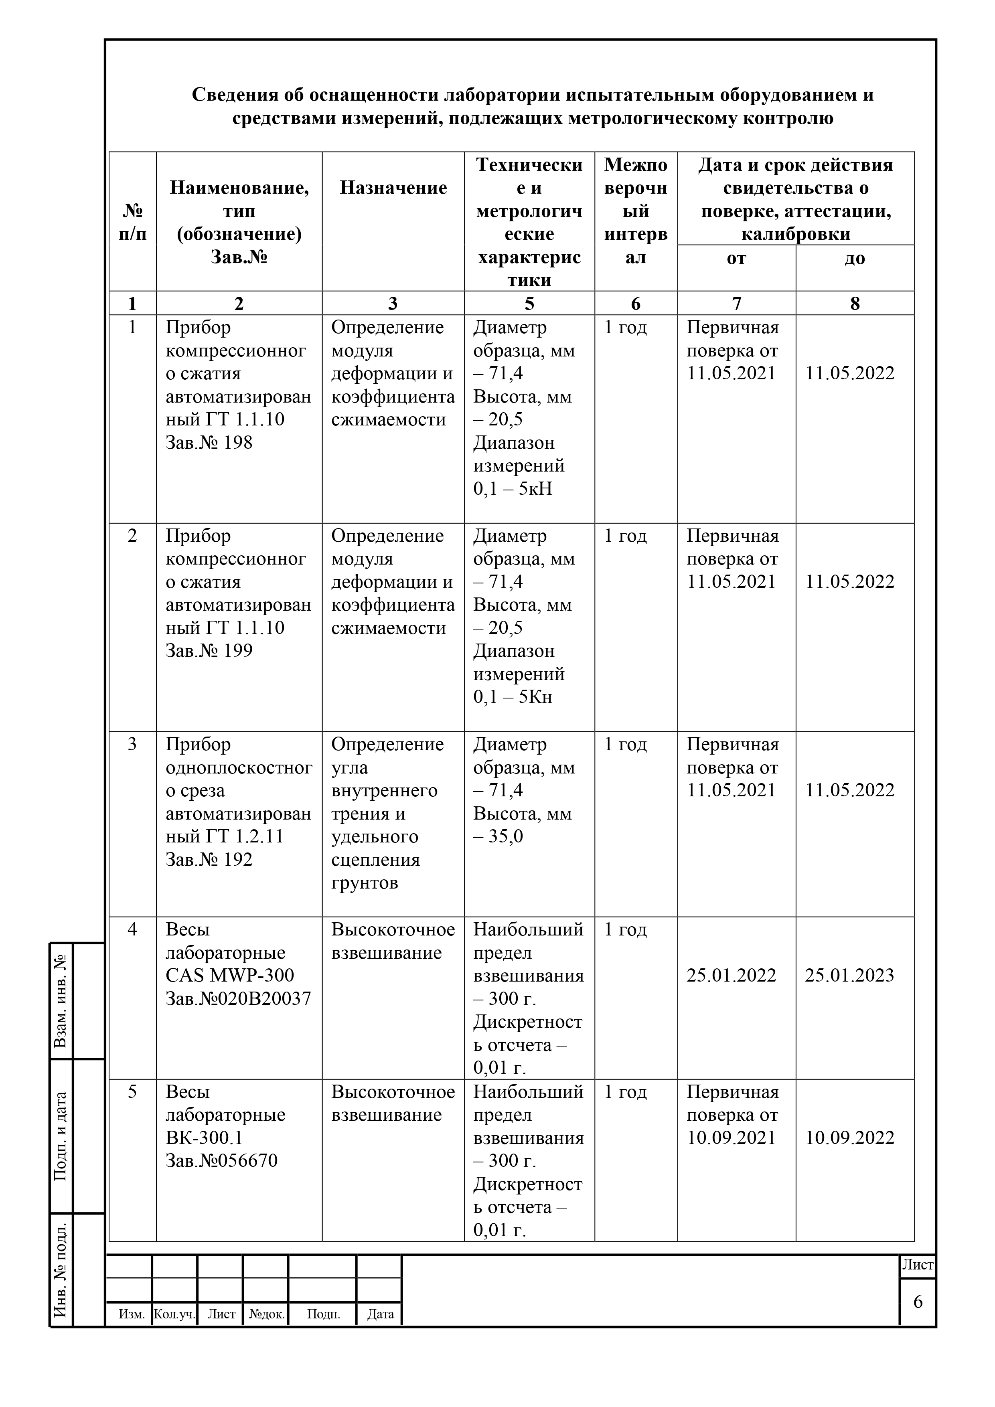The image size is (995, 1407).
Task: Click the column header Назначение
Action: click(393, 188)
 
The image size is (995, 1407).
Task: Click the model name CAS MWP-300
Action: click(230, 976)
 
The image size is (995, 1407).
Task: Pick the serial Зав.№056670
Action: click(221, 1161)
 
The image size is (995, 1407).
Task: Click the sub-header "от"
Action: click(736, 259)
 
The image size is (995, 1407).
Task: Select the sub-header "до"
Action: click(855, 259)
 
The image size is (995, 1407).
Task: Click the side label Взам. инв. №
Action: click(60, 1001)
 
